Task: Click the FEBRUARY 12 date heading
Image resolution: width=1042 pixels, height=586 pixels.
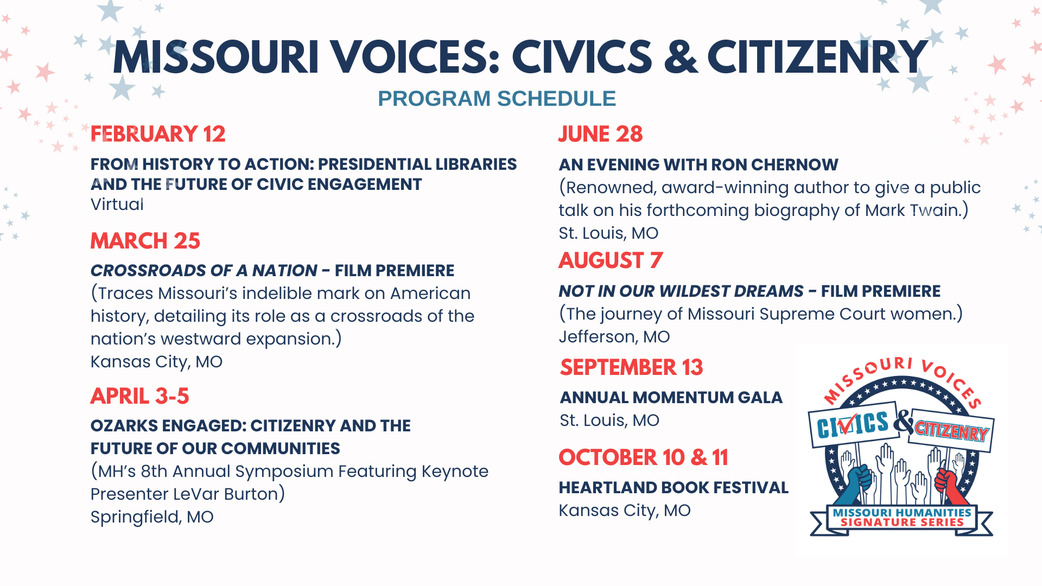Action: tap(158, 134)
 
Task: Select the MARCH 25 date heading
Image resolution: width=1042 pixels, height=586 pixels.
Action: tap(145, 241)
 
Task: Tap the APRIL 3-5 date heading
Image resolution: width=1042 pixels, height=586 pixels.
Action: tap(140, 396)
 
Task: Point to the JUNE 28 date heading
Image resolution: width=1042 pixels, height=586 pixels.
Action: tap(601, 134)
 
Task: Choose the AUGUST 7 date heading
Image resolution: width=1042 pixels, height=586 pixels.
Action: tap(611, 260)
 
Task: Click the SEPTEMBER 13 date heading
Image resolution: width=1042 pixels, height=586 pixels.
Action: tap(632, 367)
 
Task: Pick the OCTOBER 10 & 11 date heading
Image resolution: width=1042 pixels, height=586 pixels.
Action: tap(644, 457)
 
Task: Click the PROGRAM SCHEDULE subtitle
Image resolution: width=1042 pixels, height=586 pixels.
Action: tap(497, 99)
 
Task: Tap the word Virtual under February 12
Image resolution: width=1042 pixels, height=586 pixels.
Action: tap(117, 205)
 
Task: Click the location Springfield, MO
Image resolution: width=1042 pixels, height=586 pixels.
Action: tap(152, 517)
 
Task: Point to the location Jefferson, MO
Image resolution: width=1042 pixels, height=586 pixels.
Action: tap(614, 337)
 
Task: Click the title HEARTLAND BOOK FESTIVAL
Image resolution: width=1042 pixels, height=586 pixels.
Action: tap(674, 488)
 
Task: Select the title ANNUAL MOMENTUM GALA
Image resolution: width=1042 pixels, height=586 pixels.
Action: tap(671, 398)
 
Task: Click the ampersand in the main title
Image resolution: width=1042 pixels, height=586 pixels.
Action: tap(681, 56)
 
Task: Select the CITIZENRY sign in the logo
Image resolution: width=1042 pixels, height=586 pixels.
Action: tap(951, 431)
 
